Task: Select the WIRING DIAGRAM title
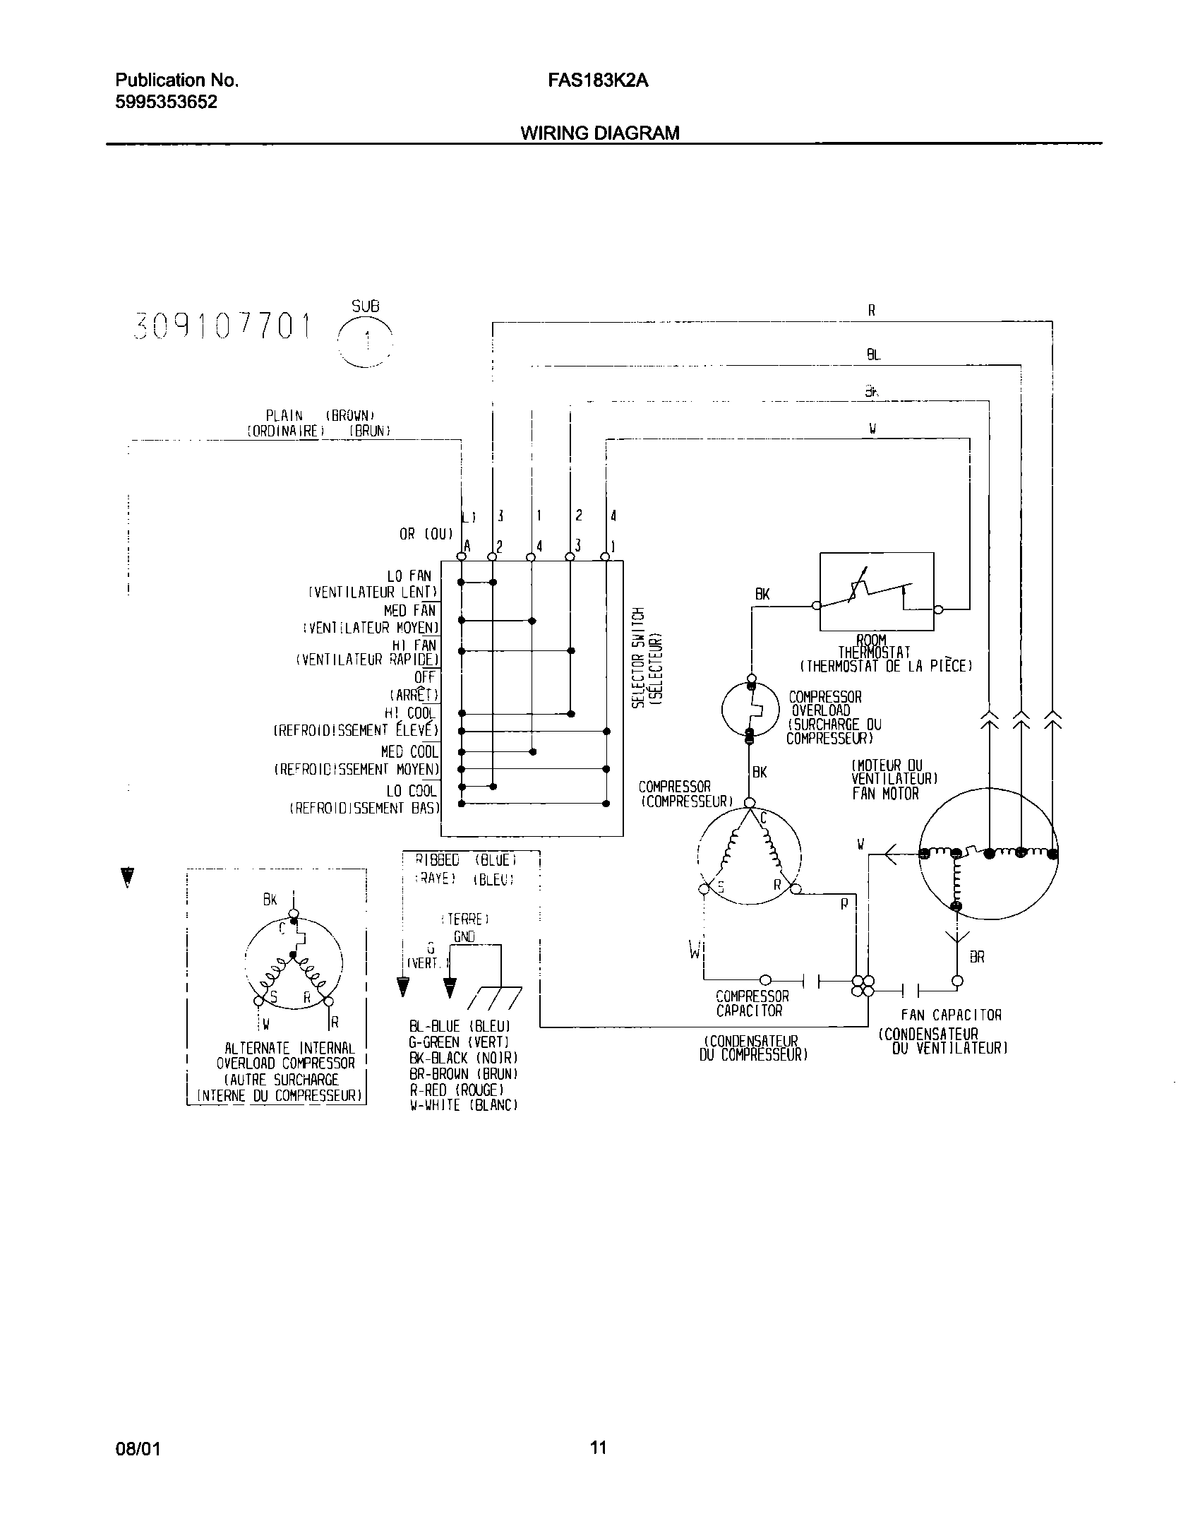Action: (600, 133)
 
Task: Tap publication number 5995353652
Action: (166, 102)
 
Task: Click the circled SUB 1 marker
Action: (365, 340)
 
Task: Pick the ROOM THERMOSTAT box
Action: (876, 592)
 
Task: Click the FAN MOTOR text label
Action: (885, 794)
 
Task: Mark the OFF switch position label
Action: (425, 677)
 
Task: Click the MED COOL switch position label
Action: (409, 752)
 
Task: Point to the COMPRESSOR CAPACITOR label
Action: (752, 1003)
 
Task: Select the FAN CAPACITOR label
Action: (951, 1015)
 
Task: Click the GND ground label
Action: (464, 936)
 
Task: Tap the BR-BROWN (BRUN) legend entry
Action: (464, 1074)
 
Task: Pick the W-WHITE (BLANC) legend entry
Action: (464, 1106)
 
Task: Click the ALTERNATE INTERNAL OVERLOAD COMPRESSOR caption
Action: (285, 1056)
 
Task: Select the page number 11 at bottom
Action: (598, 1448)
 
